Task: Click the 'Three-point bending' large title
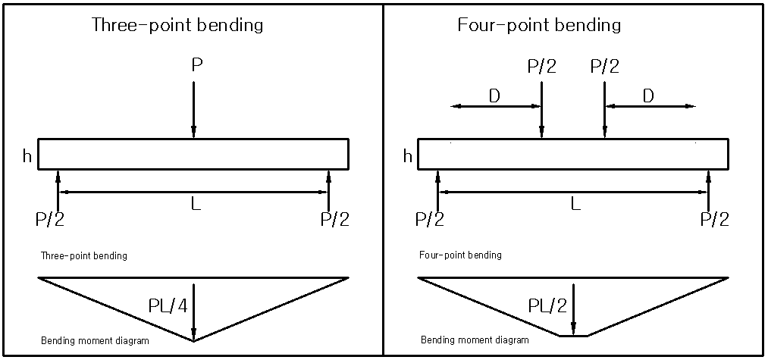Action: point(177,24)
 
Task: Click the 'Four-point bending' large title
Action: point(539,24)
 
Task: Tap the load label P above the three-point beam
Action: point(196,66)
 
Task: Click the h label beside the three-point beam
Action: point(27,156)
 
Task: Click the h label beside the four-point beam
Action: point(408,156)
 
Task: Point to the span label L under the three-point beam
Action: point(196,204)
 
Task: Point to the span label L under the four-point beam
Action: point(576,204)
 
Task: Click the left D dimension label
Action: point(494,95)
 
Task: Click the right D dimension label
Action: point(648,95)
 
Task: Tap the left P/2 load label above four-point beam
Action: point(541,67)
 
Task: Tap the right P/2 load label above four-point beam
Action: point(604,67)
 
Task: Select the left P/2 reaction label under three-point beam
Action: point(50,220)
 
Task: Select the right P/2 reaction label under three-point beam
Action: point(334,220)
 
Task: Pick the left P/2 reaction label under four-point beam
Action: point(431,220)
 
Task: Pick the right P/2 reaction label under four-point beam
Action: point(714,220)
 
